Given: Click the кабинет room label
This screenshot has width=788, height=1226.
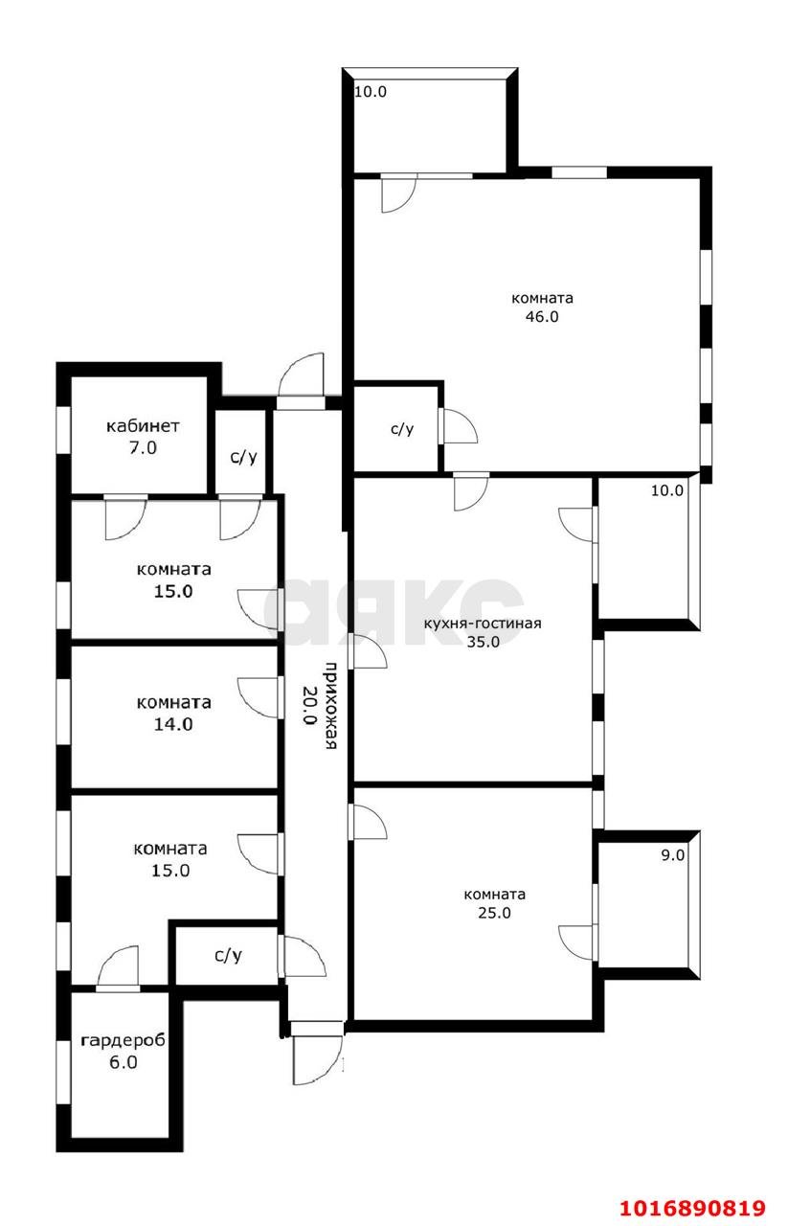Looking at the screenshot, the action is click(143, 426).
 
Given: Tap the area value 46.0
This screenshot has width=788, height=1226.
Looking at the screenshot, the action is click(542, 316).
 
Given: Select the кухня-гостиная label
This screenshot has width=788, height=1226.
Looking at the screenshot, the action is click(483, 624).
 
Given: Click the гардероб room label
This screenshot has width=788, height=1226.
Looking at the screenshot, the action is click(124, 1040).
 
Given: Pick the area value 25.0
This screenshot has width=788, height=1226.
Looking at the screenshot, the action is click(494, 913).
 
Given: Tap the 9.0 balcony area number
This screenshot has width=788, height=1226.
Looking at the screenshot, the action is click(672, 854).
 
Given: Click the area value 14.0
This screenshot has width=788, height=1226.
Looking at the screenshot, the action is click(173, 724).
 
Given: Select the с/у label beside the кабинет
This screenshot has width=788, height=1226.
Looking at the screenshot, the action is click(243, 457).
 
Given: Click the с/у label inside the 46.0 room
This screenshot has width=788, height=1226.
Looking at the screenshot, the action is click(402, 428).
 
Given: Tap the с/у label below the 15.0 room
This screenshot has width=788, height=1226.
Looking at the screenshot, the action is click(228, 955).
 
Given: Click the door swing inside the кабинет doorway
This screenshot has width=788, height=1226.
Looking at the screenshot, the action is click(125, 517).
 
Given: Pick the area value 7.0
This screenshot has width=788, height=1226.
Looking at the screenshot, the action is click(143, 447).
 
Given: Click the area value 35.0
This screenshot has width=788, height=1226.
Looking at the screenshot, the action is click(483, 642).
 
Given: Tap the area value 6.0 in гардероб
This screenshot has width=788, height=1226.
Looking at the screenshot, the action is click(124, 1062).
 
